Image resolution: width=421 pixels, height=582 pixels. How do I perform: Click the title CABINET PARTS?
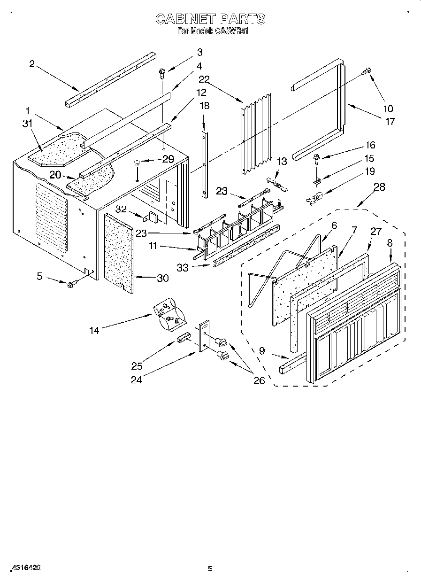click(x=210, y=19)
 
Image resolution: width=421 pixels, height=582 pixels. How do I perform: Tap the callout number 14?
click(x=94, y=331)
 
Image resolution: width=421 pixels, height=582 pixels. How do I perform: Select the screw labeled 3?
click(x=162, y=73)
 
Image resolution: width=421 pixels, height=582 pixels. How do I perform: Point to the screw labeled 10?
click(x=367, y=71)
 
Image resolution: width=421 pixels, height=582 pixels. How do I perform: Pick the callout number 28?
click(x=379, y=187)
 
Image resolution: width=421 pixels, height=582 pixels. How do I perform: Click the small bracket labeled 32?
click(x=152, y=217)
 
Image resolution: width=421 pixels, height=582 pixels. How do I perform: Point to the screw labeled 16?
click(x=316, y=159)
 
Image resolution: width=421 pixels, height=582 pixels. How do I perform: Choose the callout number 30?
click(x=162, y=278)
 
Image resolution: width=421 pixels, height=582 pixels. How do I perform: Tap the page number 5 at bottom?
click(x=210, y=569)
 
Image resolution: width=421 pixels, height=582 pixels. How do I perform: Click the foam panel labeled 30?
click(x=118, y=252)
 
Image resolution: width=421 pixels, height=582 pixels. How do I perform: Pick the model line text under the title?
click(x=212, y=31)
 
